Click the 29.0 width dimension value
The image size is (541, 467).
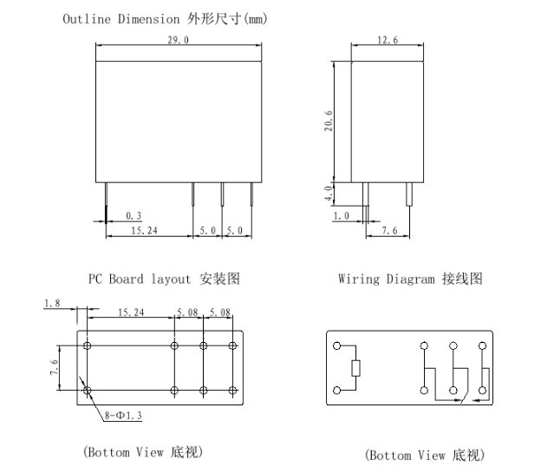point(179,42)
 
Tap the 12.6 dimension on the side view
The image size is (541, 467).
point(388,42)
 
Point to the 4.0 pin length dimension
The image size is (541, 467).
point(328,192)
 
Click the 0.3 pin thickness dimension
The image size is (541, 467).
point(134,214)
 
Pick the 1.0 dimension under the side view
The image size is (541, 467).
point(341,215)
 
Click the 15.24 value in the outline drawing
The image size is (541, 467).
point(142,231)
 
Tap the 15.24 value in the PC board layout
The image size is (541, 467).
point(131,312)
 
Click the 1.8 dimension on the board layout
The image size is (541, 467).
point(51,303)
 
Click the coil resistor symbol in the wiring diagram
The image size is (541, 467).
point(355,367)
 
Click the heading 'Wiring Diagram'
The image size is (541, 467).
point(387,280)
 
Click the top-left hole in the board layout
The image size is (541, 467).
point(88,345)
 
